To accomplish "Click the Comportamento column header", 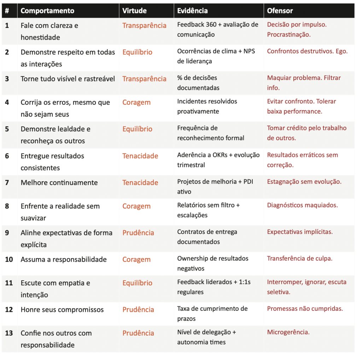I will tap(47, 11).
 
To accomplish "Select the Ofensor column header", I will tap(280, 11).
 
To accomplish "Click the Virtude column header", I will tap(134, 11).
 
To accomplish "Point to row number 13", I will tap(9, 333).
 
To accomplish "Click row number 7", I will tap(7, 183).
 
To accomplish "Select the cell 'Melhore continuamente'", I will tap(59, 183).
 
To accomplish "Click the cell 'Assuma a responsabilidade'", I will tap(64, 259).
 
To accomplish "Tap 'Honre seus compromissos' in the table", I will tap(62, 310).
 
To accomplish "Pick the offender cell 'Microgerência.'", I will tap(288, 332).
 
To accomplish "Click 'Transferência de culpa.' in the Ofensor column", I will tap(299, 258).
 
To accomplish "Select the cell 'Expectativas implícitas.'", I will tap(300, 232).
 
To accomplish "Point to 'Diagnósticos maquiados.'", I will tap(302, 205).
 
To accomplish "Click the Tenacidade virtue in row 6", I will tap(140, 156).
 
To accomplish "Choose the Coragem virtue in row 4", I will tap(136, 103).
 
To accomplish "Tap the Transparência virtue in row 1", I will tap(144, 26).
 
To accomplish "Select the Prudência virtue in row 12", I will tap(138, 310).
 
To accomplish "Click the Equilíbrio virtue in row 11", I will tap(137, 283).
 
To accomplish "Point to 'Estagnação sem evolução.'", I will tap(304, 182).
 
